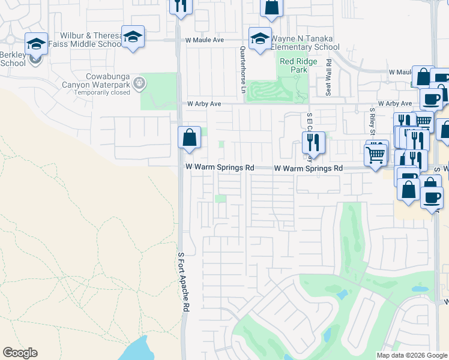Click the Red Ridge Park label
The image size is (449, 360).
point(294,65)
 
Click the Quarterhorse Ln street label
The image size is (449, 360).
point(243,65)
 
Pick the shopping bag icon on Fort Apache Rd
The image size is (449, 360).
point(190,137)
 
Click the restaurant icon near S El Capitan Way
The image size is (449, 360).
point(313,142)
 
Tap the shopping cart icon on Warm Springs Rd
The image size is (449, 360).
point(376,154)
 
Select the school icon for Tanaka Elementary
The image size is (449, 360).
point(260,38)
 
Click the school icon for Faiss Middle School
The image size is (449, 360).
point(133,36)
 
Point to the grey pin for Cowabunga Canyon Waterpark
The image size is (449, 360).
point(140,83)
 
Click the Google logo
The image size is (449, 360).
point(20,353)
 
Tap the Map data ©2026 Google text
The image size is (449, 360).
point(411,355)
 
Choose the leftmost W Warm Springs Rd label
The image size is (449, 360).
point(220,168)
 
